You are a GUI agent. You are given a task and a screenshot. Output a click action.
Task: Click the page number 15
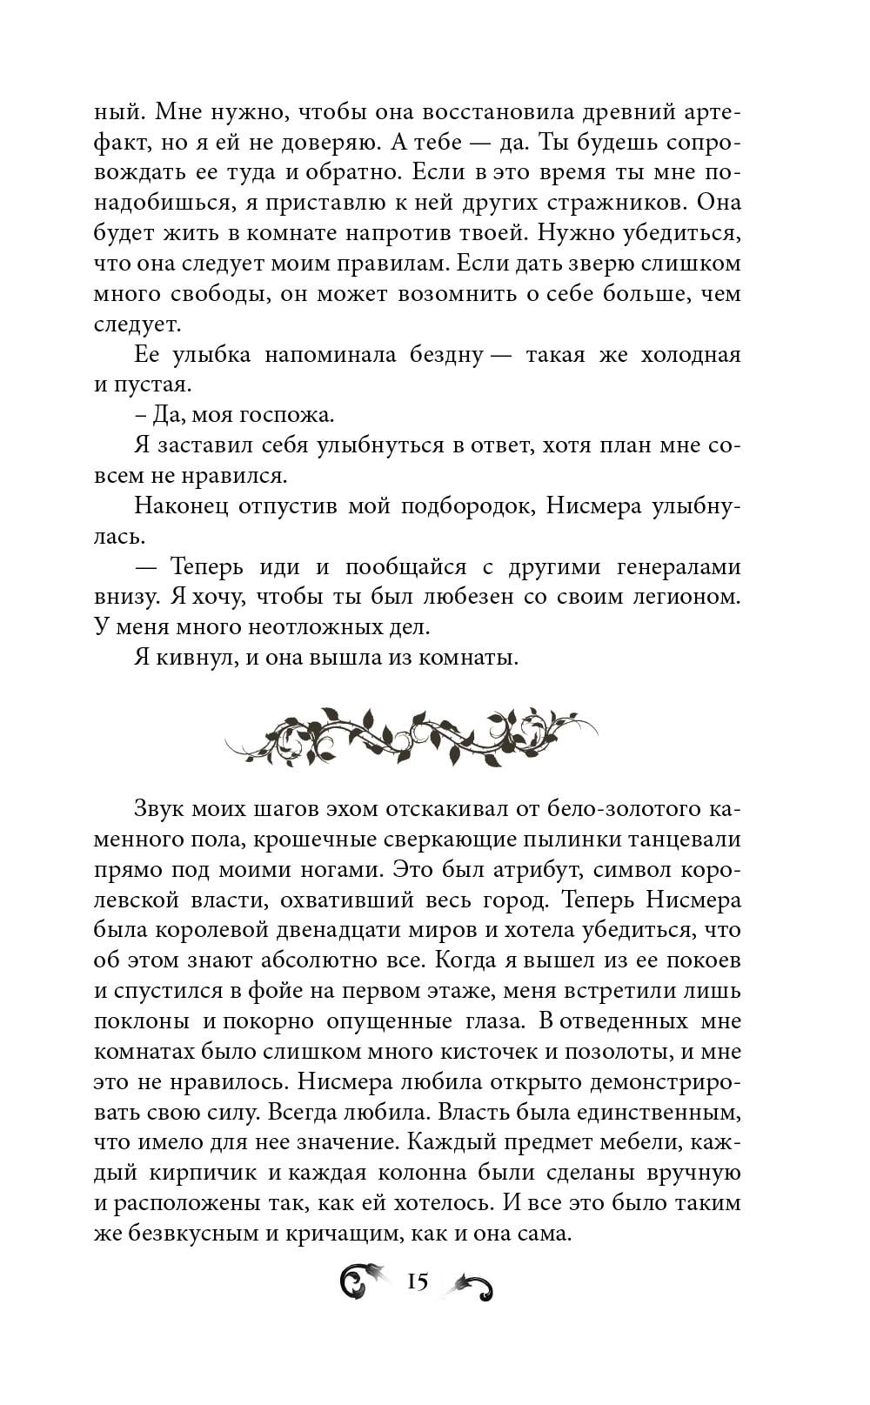coord(418,1281)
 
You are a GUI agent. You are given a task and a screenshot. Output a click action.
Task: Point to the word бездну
coord(438,354)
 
